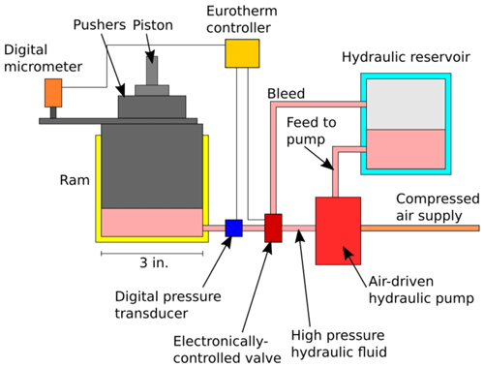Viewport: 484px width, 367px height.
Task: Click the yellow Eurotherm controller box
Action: (242, 53)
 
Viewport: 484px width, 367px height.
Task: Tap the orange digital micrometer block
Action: (53, 93)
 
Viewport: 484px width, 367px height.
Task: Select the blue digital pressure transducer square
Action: (233, 229)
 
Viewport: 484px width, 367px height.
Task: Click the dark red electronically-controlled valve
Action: (273, 228)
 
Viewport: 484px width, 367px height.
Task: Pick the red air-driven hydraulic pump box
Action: (338, 230)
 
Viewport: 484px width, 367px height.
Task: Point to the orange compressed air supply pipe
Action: (420, 229)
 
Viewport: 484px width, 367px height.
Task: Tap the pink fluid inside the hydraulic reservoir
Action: (406, 149)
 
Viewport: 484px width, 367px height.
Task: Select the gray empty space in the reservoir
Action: (406, 105)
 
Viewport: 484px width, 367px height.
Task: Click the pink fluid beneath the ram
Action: (152, 223)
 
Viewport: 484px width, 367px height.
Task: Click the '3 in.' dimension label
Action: (154, 262)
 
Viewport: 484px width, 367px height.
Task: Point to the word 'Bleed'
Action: (286, 94)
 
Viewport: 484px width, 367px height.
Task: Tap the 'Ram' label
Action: (75, 180)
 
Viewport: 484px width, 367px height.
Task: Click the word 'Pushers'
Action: (100, 25)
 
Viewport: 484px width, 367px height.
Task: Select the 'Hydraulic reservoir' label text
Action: (406, 57)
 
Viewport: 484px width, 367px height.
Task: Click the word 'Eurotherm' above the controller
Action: (242, 11)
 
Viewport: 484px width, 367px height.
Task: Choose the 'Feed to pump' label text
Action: (312, 132)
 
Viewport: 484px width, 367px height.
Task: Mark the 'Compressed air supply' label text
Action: (438, 207)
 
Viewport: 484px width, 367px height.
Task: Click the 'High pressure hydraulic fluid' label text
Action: (339, 344)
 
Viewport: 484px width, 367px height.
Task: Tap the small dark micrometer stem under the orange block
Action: (53, 112)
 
